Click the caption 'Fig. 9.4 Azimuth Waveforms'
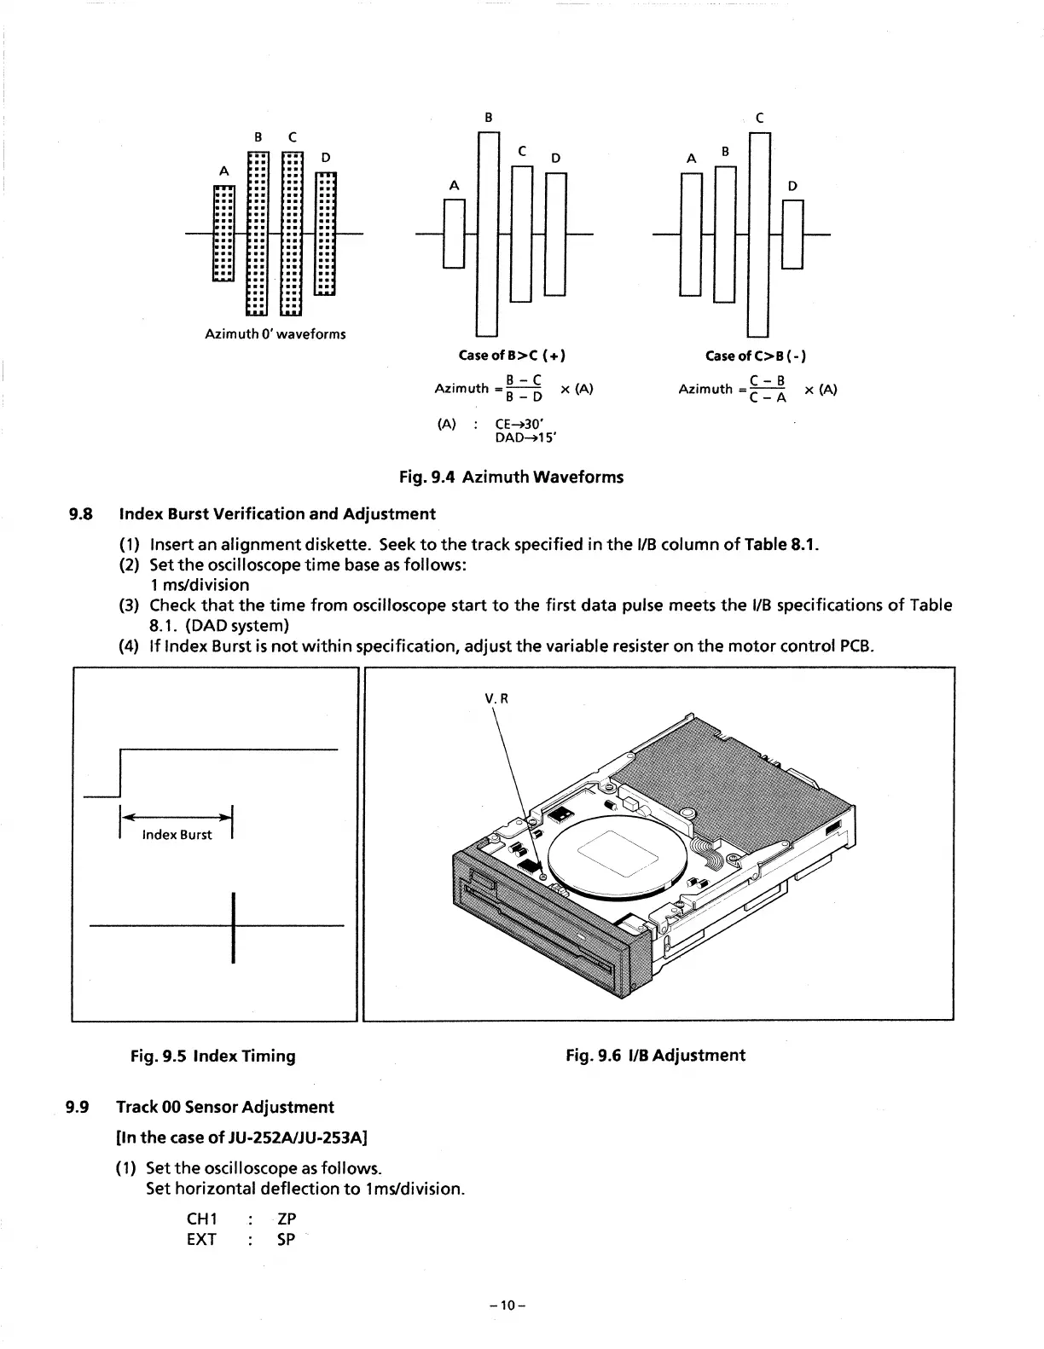click(512, 478)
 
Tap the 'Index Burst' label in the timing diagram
click(177, 835)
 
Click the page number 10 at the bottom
click(509, 1306)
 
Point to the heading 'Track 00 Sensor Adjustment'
click(225, 1107)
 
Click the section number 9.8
click(78, 514)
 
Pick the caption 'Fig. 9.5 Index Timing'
click(212, 1056)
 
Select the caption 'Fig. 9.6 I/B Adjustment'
click(655, 1056)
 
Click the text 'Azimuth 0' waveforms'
click(275, 333)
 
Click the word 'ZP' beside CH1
click(287, 1219)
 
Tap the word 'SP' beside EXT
click(287, 1240)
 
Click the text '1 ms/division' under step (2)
click(199, 585)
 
